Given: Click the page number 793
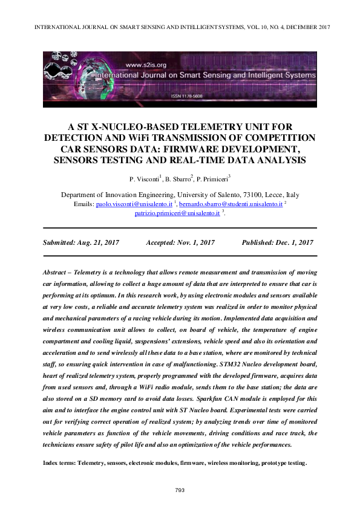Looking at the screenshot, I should [x=179, y=490].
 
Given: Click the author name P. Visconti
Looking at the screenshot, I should [x=143, y=179].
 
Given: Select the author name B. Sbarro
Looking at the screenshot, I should [x=178, y=179].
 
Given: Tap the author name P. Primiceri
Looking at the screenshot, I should [x=215, y=179].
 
